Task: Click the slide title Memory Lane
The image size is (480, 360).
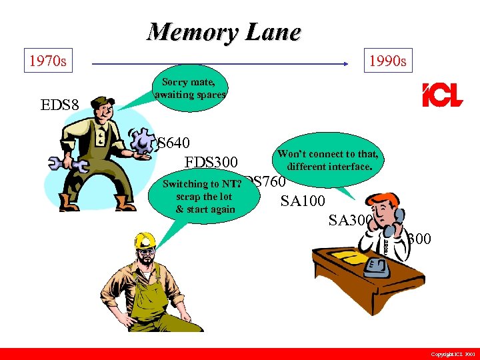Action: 224,31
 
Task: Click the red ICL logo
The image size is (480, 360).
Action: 441,95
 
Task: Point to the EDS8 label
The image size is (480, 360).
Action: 60,105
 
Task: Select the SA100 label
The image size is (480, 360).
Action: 303,201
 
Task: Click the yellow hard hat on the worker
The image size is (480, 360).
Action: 145,241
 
